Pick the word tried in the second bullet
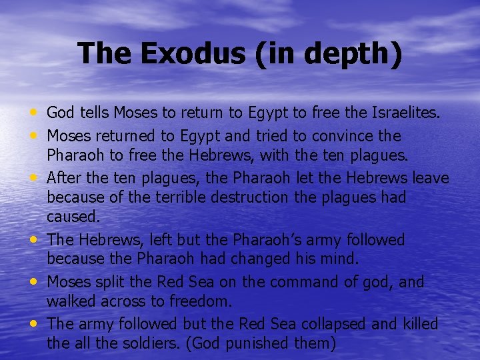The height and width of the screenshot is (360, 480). [x=270, y=136]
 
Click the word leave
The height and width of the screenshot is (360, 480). [x=431, y=178]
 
